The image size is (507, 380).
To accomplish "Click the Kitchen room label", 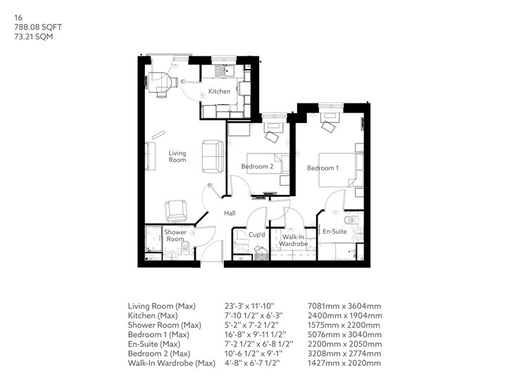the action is (219, 91).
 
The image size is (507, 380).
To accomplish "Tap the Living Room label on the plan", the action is (177, 156).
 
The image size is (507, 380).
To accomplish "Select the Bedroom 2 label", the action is (257, 166).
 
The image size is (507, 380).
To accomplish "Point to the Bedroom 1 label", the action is (323, 168).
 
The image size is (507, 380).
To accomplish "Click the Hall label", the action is (230, 213).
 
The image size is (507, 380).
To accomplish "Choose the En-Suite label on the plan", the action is (334, 232).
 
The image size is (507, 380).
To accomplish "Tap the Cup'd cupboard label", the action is (257, 234).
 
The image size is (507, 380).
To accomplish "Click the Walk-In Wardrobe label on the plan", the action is (293, 241).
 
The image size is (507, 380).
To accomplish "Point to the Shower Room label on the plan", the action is (175, 236).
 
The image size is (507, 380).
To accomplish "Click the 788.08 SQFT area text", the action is (38, 27).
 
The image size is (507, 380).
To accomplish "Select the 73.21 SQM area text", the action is (33, 37).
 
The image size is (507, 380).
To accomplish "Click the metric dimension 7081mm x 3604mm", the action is (344, 305).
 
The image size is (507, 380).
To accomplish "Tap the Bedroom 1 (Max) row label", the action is (158, 334).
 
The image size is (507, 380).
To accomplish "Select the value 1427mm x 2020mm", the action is (344, 363).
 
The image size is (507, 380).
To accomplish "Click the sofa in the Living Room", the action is (213, 157).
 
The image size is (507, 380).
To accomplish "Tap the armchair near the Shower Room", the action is (176, 211).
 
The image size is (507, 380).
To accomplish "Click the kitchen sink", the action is (225, 70).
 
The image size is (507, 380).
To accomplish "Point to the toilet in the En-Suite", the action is (350, 221).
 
